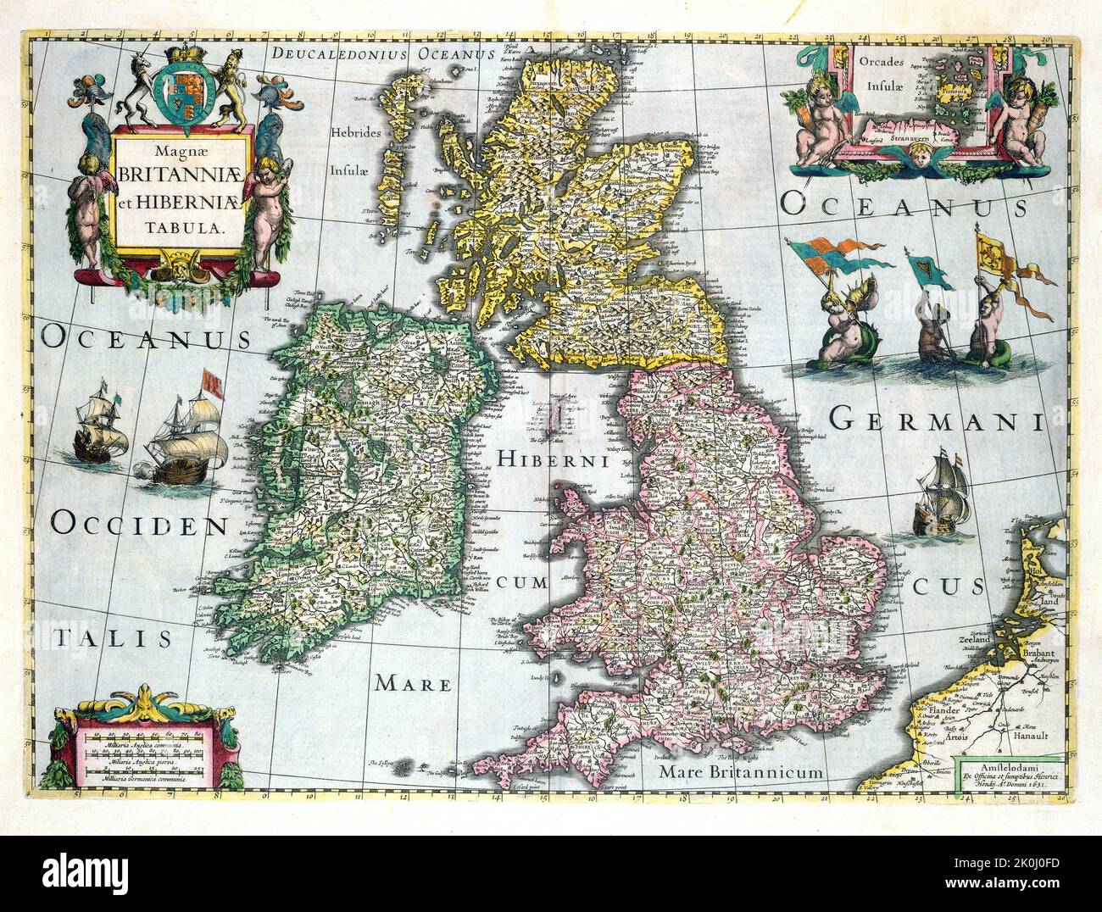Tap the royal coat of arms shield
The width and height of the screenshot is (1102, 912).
180,88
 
